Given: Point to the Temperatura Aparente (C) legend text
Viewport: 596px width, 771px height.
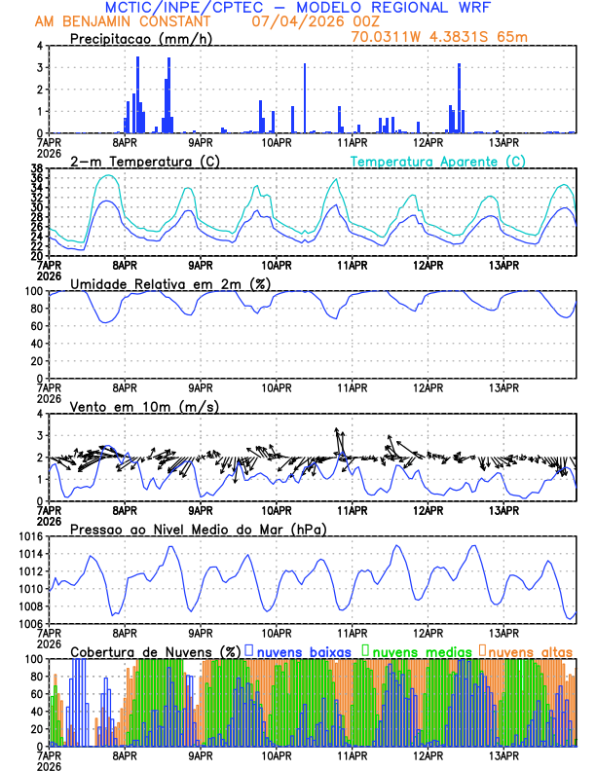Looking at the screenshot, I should (x=438, y=161).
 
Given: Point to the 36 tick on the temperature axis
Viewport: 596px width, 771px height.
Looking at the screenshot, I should (x=36, y=178).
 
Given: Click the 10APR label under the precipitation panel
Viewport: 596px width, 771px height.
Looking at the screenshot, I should (x=277, y=141).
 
